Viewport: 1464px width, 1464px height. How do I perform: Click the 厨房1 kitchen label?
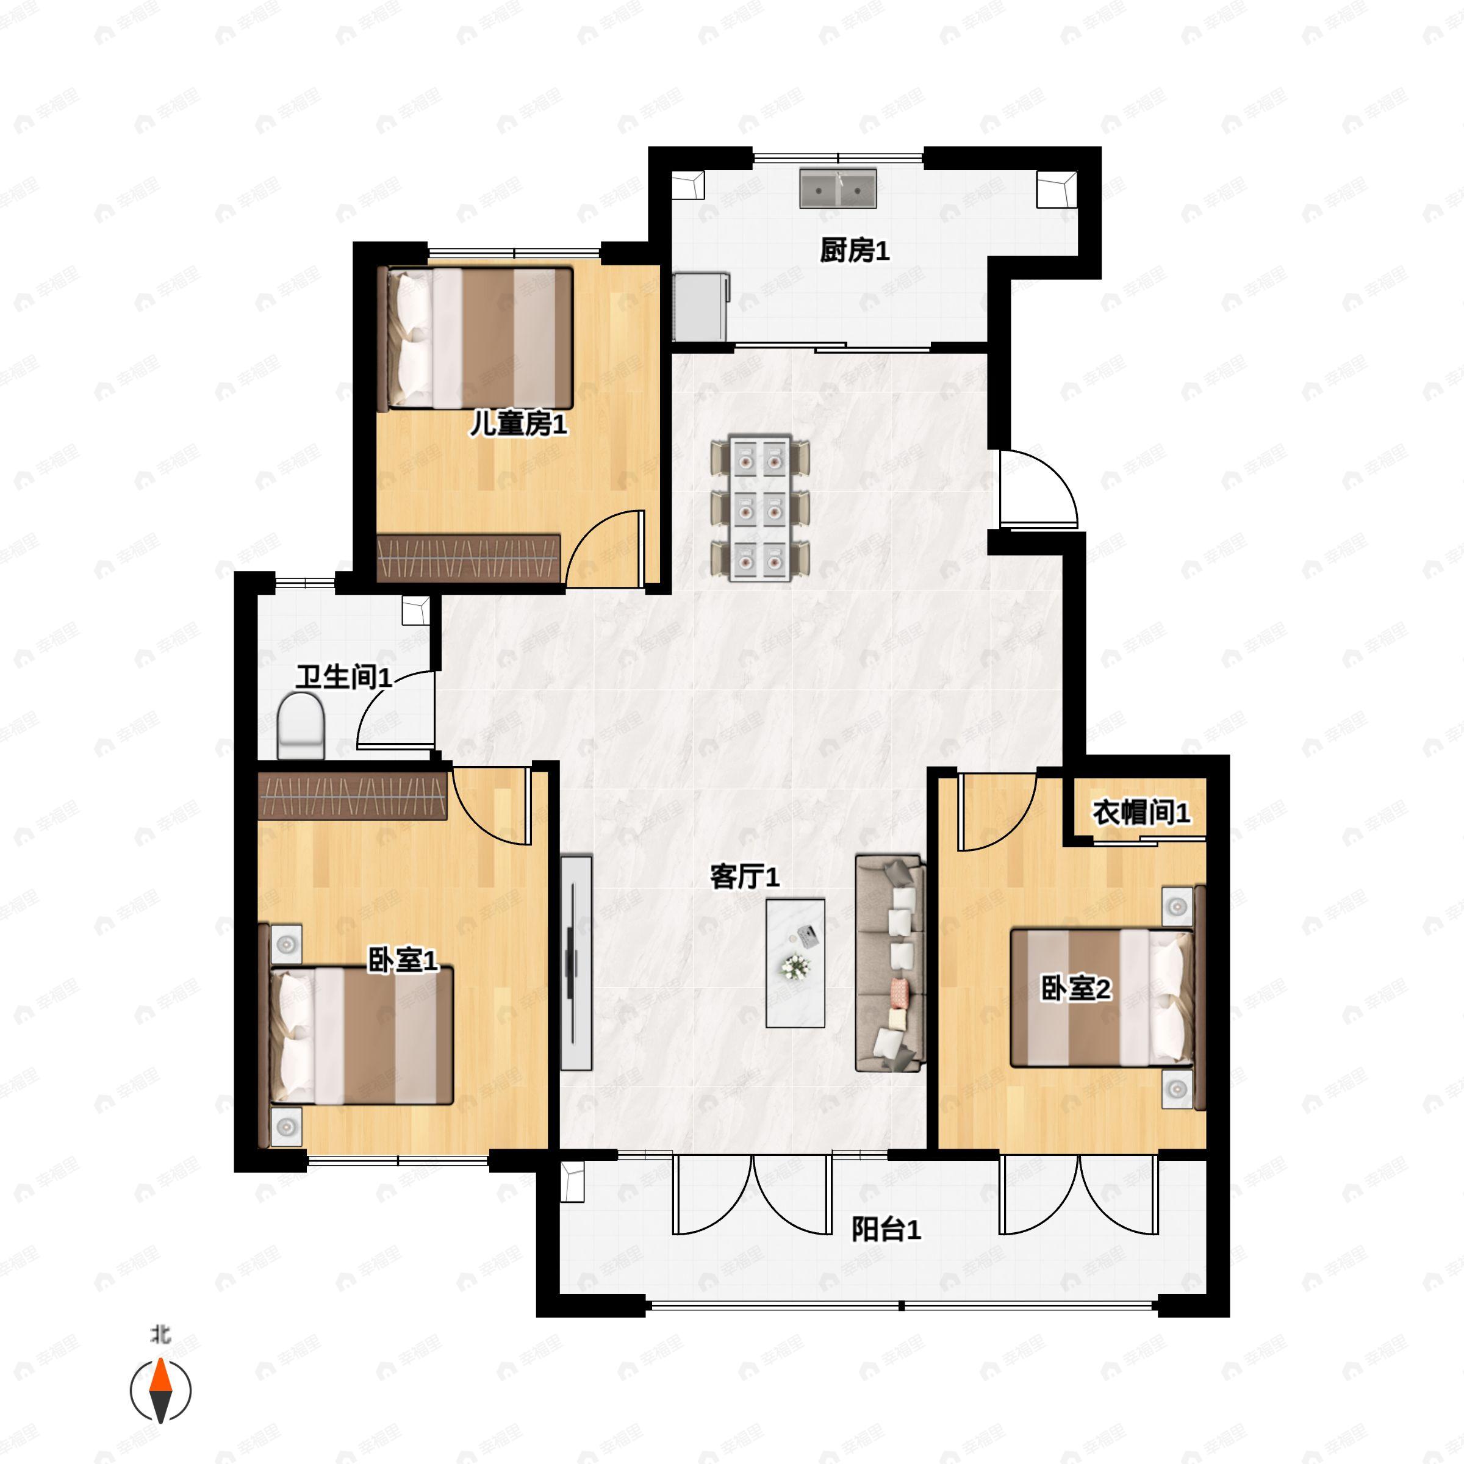(x=854, y=250)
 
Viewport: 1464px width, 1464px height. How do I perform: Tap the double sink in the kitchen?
(x=838, y=188)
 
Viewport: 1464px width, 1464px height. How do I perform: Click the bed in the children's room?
(x=475, y=338)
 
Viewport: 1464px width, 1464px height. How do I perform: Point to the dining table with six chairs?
(x=760, y=509)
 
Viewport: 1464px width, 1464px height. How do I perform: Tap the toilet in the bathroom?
(x=301, y=726)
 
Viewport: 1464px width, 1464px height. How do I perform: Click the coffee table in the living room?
(x=795, y=963)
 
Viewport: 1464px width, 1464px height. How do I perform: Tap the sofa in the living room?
(x=891, y=963)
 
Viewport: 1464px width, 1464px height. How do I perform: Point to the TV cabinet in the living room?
(x=576, y=963)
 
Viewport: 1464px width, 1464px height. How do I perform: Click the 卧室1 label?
(x=403, y=961)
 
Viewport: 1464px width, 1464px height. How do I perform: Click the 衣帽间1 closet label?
(x=1141, y=813)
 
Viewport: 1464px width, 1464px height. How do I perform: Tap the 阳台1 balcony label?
(x=886, y=1229)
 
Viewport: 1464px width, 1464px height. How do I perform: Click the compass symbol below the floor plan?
(x=160, y=1391)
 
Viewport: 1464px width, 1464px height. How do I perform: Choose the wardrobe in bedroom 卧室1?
(x=353, y=795)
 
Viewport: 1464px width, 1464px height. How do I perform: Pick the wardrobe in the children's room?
(x=469, y=559)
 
